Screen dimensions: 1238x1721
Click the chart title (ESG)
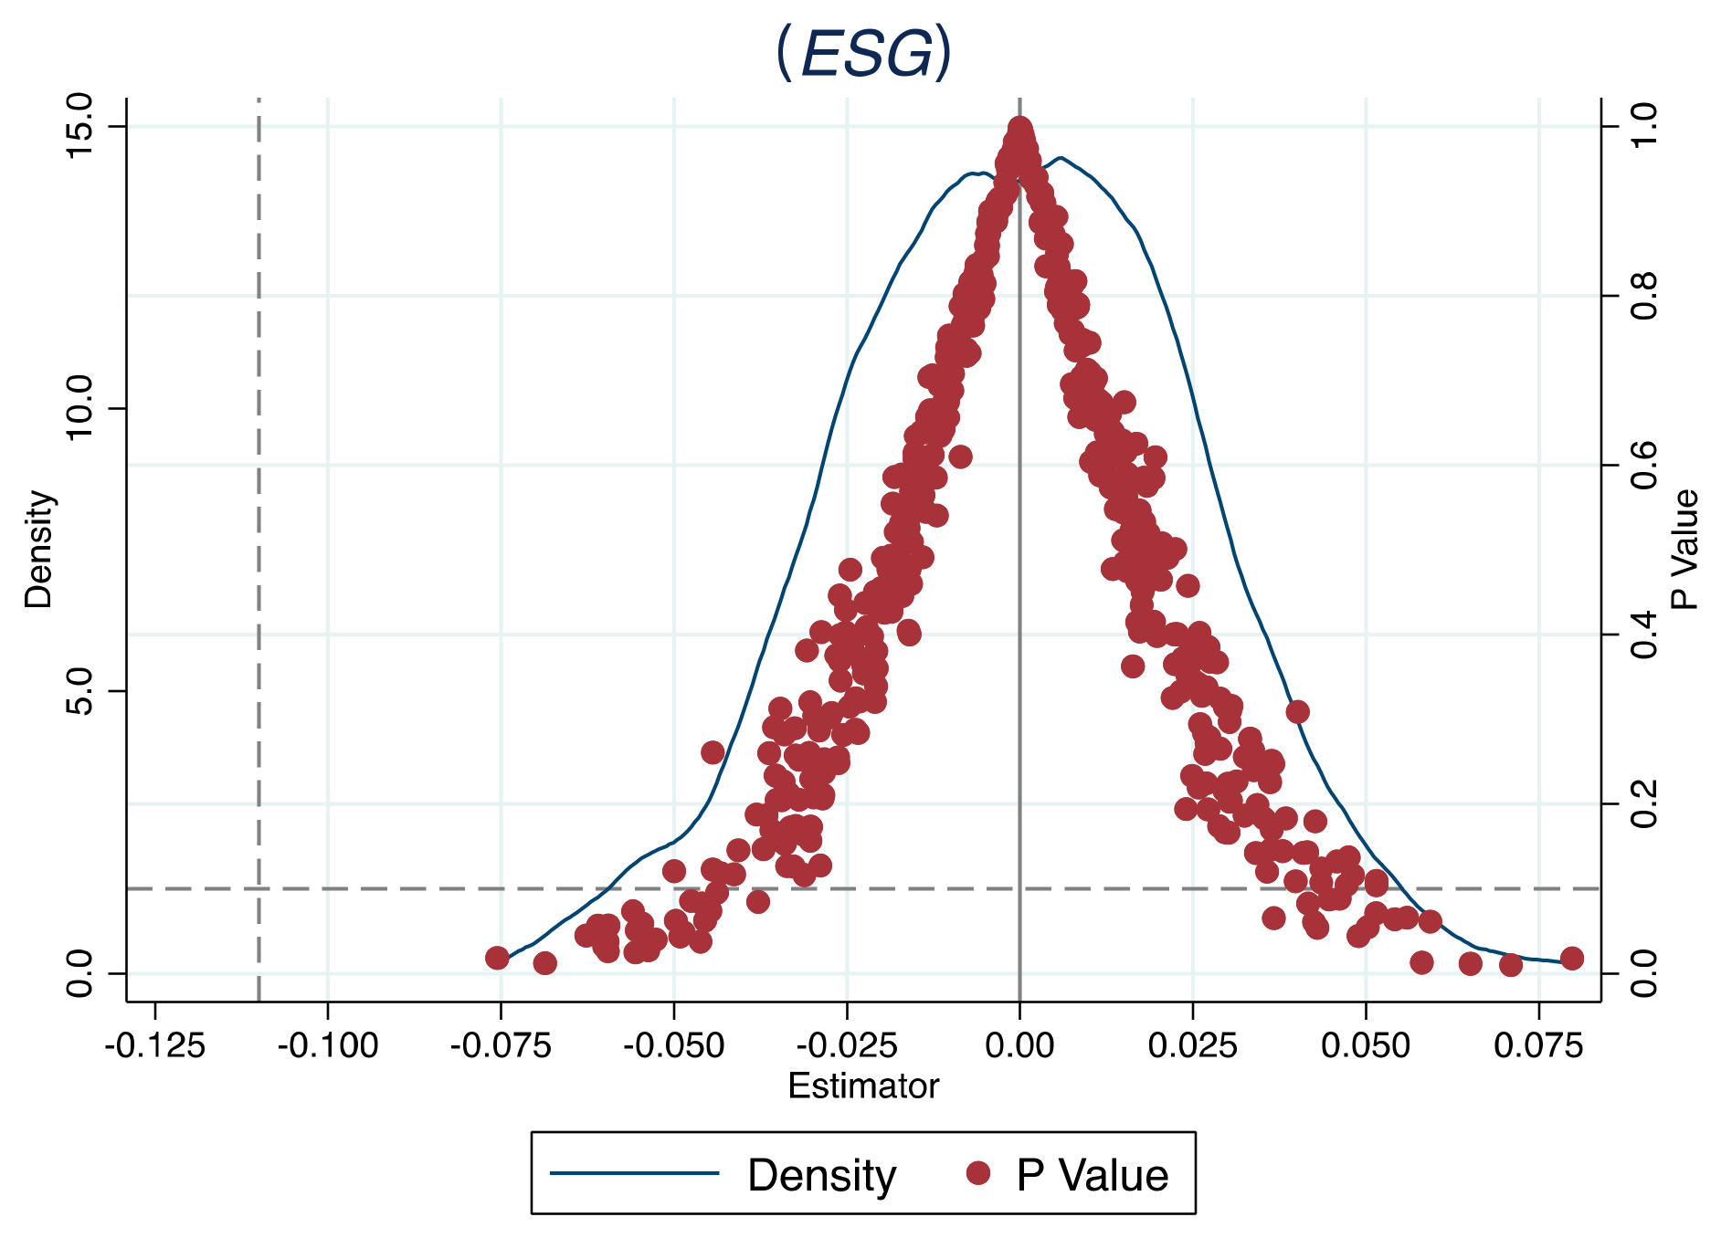[x=863, y=53]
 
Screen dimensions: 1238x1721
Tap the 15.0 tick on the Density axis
[x=80, y=126]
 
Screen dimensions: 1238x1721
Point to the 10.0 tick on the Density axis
[x=80, y=408]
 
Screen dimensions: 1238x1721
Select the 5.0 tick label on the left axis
[x=80, y=691]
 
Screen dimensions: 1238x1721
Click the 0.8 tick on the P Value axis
[x=1644, y=296]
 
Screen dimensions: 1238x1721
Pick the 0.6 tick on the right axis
[x=1644, y=465]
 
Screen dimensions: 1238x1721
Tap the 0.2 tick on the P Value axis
[x=1644, y=803]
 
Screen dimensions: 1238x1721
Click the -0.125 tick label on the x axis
[x=154, y=1044]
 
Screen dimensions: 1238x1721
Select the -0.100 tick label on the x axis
[x=327, y=1044]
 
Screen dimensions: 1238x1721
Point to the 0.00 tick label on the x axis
[x=1019, y=1044]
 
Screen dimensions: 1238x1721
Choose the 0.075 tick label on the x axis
[x=1538, y=1044]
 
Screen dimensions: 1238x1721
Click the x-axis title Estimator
[x=863, y=1086]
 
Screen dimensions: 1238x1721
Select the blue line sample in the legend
[x=634, y=1173]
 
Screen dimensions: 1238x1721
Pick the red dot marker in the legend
[x=978, y=1173]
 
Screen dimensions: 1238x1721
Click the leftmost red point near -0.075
[x=497, y=958]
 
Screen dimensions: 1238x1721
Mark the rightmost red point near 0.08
[x=1571, y=958]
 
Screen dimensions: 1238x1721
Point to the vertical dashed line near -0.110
[x=259, y=548]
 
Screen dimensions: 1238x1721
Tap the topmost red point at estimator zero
[x=1019, y=129]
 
